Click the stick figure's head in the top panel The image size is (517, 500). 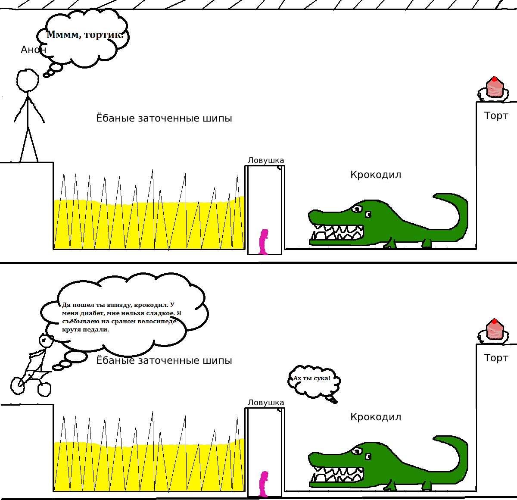28,80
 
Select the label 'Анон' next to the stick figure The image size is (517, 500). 34,50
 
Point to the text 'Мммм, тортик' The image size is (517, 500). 85,34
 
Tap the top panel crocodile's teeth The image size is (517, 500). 337,232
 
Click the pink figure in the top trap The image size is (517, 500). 264,242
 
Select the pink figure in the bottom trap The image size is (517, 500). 264,484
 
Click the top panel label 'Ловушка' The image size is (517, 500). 266,160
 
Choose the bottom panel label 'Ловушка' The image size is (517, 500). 266,403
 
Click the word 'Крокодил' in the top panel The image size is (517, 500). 376,175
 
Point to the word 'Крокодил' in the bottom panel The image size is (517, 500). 376,417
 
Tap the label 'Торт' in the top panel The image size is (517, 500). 496,116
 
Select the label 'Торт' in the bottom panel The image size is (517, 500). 496,358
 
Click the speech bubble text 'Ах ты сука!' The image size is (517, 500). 311,378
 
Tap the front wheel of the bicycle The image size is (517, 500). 44,389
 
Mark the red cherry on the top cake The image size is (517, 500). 495,79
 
